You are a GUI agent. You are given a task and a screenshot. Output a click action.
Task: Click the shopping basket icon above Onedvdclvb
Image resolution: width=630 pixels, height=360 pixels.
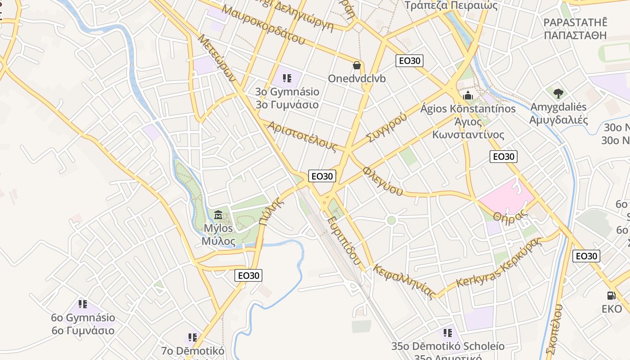[x=357, y=66]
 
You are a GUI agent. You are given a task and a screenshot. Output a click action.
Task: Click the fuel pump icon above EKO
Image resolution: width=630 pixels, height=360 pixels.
[x=612, y=296]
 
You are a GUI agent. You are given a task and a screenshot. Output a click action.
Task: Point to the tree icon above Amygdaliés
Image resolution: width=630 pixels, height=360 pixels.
[x=558, y=94]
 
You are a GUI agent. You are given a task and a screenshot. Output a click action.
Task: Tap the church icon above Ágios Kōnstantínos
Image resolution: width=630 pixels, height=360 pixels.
[x=468, y=95]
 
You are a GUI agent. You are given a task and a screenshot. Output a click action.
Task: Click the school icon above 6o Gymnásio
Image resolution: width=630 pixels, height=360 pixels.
[x=83, y=304]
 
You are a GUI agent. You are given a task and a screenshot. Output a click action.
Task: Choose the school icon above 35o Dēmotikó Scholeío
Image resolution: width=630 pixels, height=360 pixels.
[x=447, y=333]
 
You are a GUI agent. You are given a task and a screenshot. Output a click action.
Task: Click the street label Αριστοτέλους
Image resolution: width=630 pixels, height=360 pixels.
[x=302, y=136]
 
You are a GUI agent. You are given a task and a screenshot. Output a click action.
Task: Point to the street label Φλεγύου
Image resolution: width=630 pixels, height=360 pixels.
[x=383, y=181]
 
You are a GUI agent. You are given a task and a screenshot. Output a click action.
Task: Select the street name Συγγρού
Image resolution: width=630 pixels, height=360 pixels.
[x=386, y=127]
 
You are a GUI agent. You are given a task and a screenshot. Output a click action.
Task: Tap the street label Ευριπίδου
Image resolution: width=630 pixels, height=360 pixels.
[x=344, y=241]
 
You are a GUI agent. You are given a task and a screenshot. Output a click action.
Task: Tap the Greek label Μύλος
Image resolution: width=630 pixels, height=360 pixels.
[x=218, y=241]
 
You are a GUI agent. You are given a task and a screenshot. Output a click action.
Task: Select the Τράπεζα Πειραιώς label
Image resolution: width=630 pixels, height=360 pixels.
[x=451, y=5]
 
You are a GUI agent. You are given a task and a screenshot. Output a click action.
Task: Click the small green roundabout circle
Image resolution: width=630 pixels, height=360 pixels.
[x=391, y=220]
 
